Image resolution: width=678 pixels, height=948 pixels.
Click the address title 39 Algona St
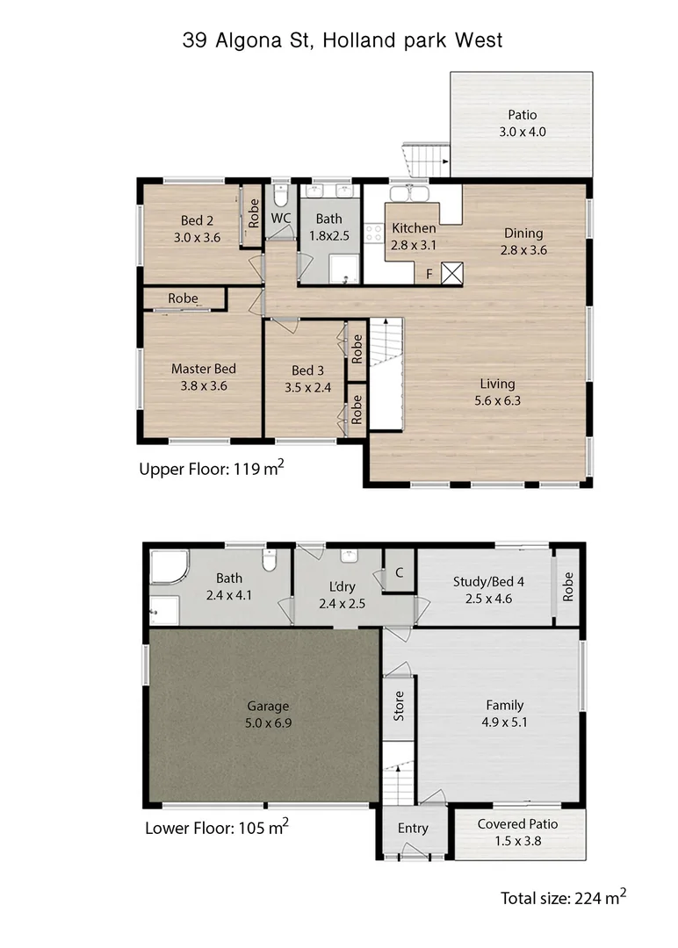coord(343,39)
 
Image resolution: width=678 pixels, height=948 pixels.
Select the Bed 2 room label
coord(197,229)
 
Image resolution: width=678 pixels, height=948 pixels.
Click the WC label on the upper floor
coord(281,218)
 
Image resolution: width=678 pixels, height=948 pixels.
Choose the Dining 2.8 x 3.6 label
coord(523,241)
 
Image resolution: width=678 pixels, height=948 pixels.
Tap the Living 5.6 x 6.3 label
coord(497,392)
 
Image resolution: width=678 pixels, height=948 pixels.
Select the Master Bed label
coord(203,377)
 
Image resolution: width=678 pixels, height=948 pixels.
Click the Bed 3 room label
coord(307,377)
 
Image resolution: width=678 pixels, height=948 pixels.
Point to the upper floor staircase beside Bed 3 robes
coord(385,373)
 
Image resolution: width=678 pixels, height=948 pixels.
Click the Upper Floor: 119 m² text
coord(211,469)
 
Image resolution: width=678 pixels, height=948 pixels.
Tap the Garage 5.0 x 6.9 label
coord(268,714)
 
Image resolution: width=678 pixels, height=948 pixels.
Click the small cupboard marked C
coord(399,573)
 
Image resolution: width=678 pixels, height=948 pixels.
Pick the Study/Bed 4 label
coord(482,589)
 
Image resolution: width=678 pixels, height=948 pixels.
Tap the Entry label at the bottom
coord(413,828)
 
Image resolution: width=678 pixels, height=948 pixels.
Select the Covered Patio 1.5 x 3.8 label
coord(517,832)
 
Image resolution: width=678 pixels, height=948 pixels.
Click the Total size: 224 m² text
coord(563,897)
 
